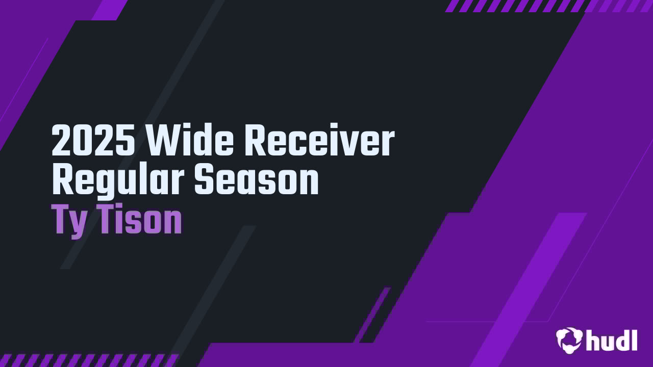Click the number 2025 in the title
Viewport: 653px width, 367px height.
tap(93, 141)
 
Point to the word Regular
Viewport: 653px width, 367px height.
tap(119, 180)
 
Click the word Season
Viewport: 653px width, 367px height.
tap(257, 180)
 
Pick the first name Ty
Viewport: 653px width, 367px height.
tap(69, 221)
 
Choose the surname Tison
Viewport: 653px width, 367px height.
tap(140, 220)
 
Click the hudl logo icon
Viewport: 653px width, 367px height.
tap(569, 340)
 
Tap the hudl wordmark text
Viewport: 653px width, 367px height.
tap(612, 340)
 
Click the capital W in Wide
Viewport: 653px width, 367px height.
tap(163, 141)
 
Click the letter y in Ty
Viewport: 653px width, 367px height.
tap(78, 224)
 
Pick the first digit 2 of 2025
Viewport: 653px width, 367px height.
tap(61, 141)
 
